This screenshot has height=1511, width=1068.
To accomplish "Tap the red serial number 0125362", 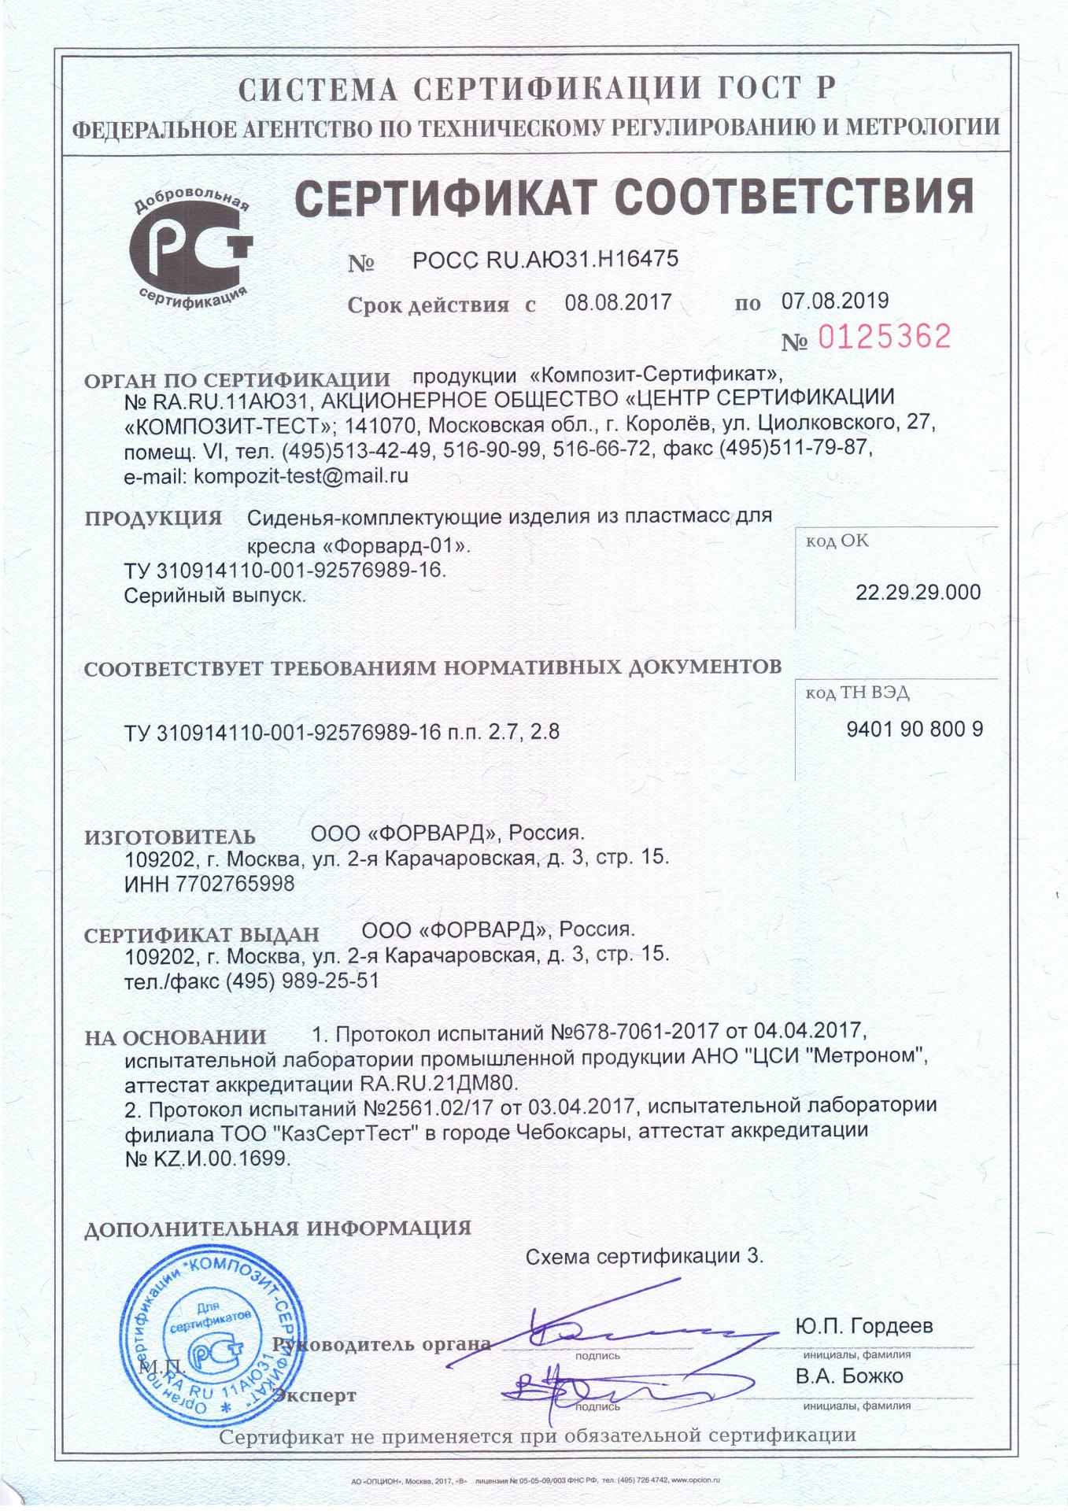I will point(885,337).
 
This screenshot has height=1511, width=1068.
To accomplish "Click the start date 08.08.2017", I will point(618,301).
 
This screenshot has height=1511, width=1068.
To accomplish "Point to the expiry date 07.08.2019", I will point(835,300).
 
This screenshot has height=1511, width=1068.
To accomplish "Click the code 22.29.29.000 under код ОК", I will point(918,592).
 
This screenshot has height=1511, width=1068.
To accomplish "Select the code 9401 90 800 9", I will point(915,729).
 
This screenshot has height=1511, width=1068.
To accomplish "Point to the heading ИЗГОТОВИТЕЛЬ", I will point(169,837).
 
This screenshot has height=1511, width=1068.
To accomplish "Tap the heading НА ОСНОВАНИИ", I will point(175,1037).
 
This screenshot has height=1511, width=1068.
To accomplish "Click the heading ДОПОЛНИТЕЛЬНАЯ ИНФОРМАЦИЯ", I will point(277,1228).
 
